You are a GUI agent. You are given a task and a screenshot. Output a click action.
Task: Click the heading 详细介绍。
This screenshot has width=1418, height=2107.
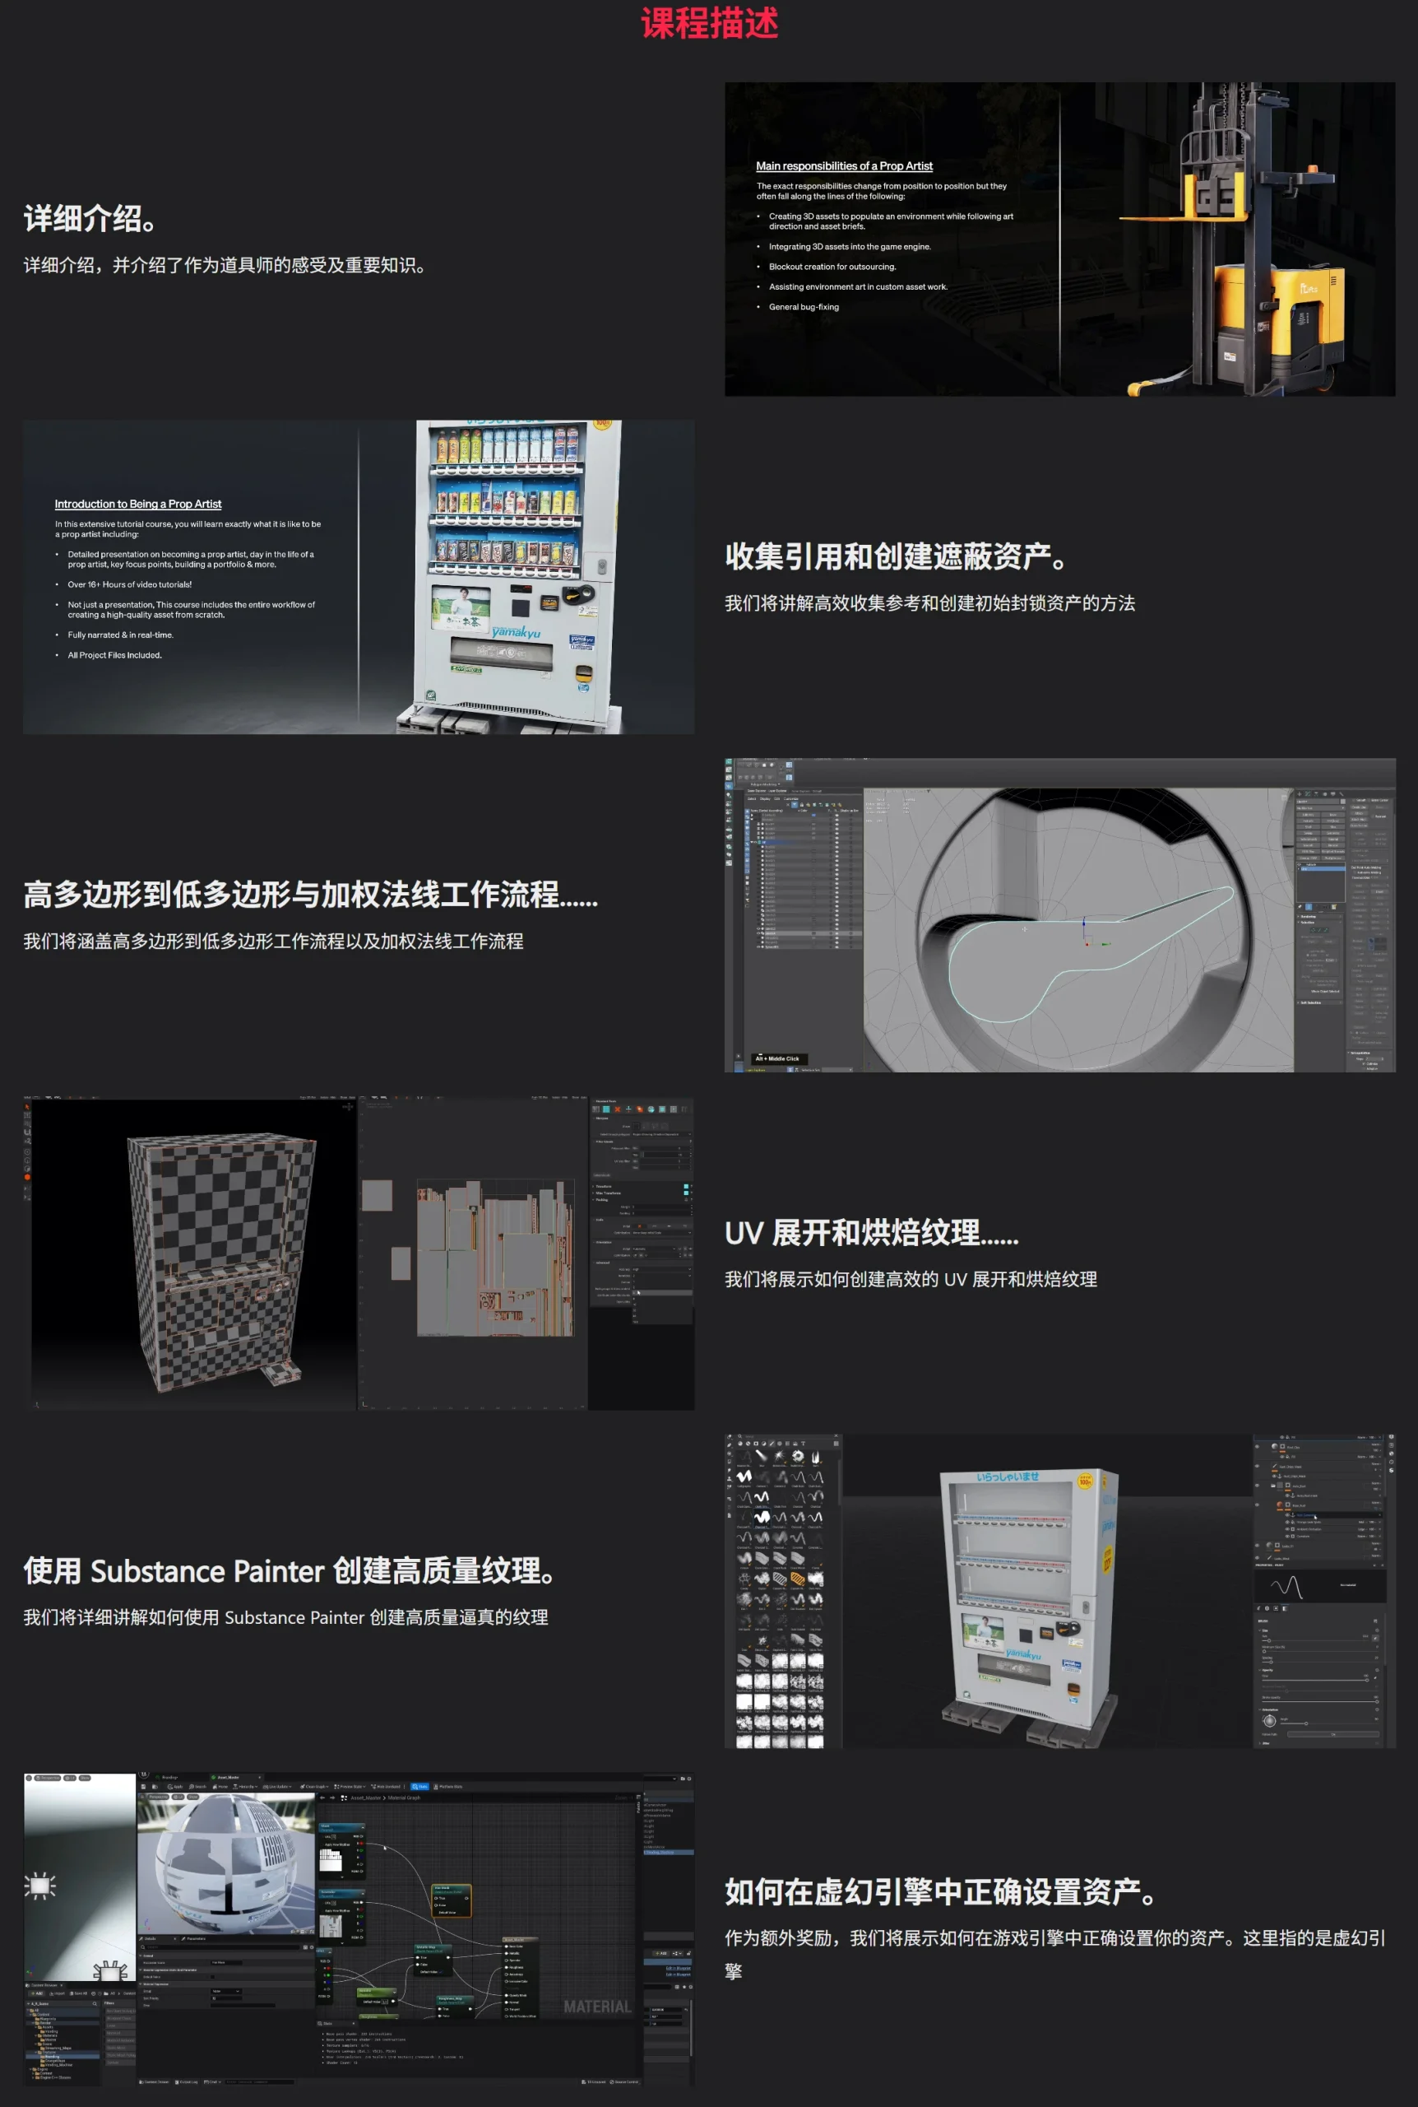tap(90, 218)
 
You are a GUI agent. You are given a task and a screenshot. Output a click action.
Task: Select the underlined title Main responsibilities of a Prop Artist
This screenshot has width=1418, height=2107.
tap(844, 166)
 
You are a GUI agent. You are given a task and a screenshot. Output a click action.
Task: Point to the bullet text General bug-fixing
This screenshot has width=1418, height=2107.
tap(803, 308)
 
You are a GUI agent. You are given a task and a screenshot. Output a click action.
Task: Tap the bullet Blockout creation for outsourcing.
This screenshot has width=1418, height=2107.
tap(832, 267)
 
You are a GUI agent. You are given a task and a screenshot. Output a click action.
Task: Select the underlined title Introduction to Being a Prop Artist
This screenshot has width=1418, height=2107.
tap(137, 504)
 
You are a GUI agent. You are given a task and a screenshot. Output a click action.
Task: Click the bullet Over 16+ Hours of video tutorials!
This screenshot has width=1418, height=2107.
tap(129, 584)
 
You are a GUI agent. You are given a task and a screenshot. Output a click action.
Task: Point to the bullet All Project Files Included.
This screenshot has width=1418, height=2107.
tap(114, 655)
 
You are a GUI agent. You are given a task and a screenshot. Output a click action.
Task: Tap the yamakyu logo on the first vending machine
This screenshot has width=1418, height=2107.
tap(516, 632)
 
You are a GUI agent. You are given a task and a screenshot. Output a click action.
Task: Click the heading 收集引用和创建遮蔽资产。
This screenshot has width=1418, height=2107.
tap(895, 556)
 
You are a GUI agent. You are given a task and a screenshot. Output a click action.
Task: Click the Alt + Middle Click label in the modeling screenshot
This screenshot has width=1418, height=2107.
tap(778, 1058)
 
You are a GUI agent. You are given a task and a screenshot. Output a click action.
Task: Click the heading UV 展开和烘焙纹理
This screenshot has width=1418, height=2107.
tap(870, 1233)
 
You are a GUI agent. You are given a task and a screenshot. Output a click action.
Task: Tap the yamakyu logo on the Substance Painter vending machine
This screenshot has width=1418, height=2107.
tap(1023, 1654)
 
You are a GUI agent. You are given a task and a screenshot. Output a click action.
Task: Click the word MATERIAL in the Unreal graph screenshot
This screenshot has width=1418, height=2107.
tap(597, 2007)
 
